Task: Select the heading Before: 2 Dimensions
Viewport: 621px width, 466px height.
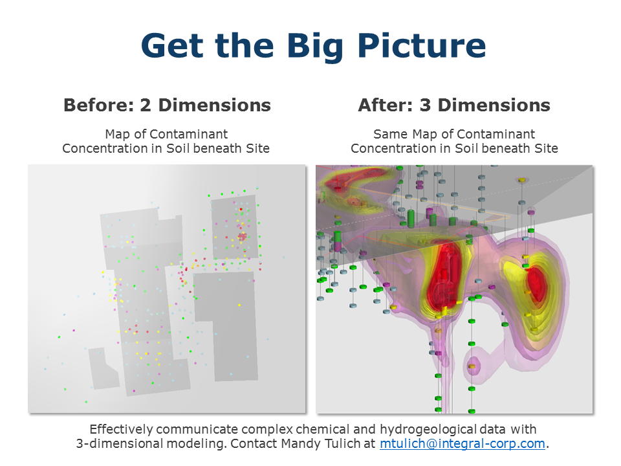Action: pos(167,105)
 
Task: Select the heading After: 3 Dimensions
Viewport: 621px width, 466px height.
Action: pos(454,105)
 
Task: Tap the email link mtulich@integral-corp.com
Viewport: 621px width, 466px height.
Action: pos(462,443)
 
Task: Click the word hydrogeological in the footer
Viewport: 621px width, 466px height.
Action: pos(428,430)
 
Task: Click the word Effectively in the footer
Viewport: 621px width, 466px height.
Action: pos(121,430)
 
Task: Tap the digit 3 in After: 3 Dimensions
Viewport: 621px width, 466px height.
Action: pos(425,105)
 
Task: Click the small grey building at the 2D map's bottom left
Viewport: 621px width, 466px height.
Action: pos(103,368)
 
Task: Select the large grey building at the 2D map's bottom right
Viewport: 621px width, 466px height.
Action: pos(226,325)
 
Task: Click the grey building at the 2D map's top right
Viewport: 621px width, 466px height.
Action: pos(235,227)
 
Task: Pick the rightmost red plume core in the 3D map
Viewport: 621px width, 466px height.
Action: pos(536,283)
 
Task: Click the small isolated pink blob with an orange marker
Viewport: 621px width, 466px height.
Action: pos(472,366)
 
